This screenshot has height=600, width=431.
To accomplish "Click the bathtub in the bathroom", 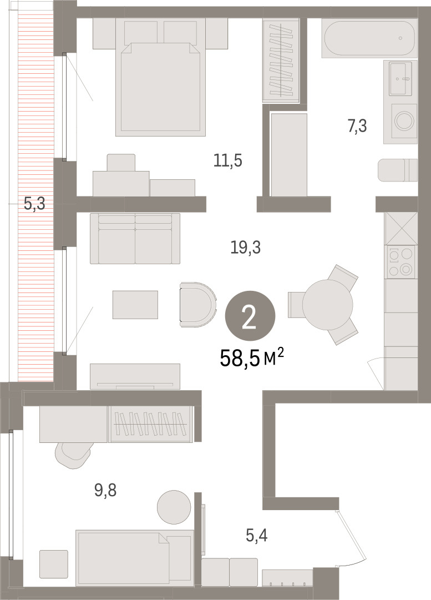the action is click(x=369, y=38).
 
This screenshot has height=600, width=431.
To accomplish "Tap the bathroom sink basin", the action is click(x=400, y=78).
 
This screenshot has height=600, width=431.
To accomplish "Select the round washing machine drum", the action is click(x=404, y=120).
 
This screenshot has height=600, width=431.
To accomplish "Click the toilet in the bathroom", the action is click(x=397, y=170).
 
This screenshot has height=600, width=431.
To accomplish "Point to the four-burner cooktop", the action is click(x=400, y=262).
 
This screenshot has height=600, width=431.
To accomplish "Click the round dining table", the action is click(x=328, y=305).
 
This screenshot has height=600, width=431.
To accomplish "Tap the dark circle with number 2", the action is click(x=250, y=316).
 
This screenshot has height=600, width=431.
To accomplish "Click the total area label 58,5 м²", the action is click(x=252, y=359).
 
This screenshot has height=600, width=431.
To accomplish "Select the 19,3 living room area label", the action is click(x=246, y=248).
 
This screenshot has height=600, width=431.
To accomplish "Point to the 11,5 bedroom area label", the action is click(x=228, y=160).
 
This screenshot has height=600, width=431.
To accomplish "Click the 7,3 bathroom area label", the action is click(x=357, y=126).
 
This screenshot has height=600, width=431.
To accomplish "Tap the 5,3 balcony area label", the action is click(x=34, y=204).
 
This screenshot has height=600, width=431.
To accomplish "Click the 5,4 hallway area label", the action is click(x=257, y=536).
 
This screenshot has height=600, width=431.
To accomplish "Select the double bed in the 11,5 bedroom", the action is click(x=161, y=77).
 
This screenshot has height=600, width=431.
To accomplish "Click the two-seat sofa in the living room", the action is click(x=135, y=239).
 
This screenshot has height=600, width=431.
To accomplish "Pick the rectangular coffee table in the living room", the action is click(x=135, y=305).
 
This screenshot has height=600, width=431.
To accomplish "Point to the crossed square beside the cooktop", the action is click(x=401, y=228).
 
